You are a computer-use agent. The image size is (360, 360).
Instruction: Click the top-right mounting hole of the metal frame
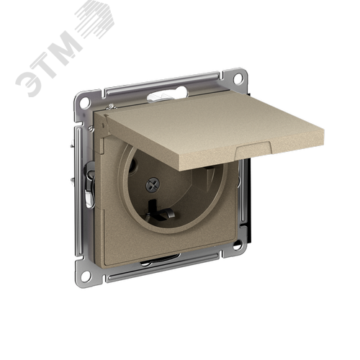click(x=238, y=78)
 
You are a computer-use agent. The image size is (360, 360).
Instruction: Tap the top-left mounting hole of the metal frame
click(x=84, y=102)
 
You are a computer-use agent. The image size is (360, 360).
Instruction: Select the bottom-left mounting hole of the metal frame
click(x=86, y=276)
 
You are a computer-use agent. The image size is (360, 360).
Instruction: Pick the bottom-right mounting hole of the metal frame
click(x=237, y=246)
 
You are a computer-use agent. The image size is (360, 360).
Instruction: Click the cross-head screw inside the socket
click(x=153, y=184)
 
